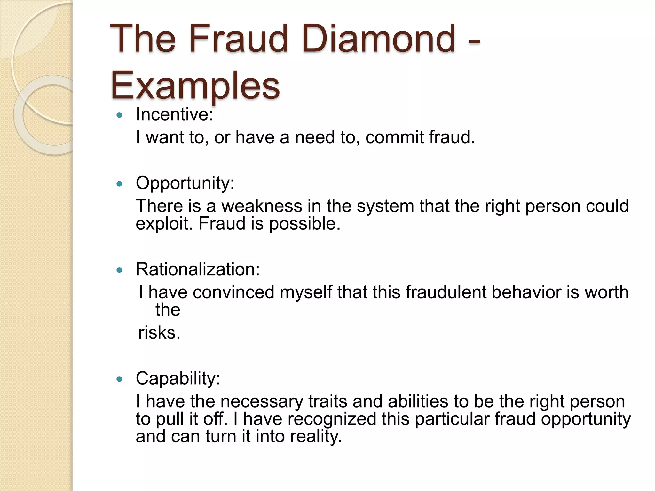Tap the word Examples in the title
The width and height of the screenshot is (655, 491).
[195, 86]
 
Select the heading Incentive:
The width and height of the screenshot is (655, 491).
[174, 114]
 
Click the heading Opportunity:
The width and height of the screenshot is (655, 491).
[185, 183]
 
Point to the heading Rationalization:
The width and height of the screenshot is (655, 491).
[198, 269]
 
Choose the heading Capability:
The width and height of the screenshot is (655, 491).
[178, 378]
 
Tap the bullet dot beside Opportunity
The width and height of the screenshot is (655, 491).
[120, 184]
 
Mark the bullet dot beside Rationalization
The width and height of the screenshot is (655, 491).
[120, 270]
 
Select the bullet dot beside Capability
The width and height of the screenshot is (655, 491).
[120, 379]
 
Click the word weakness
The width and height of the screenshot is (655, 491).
[262, 206]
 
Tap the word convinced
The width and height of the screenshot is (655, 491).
[233, 292]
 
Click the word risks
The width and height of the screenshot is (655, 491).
[159, 333]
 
